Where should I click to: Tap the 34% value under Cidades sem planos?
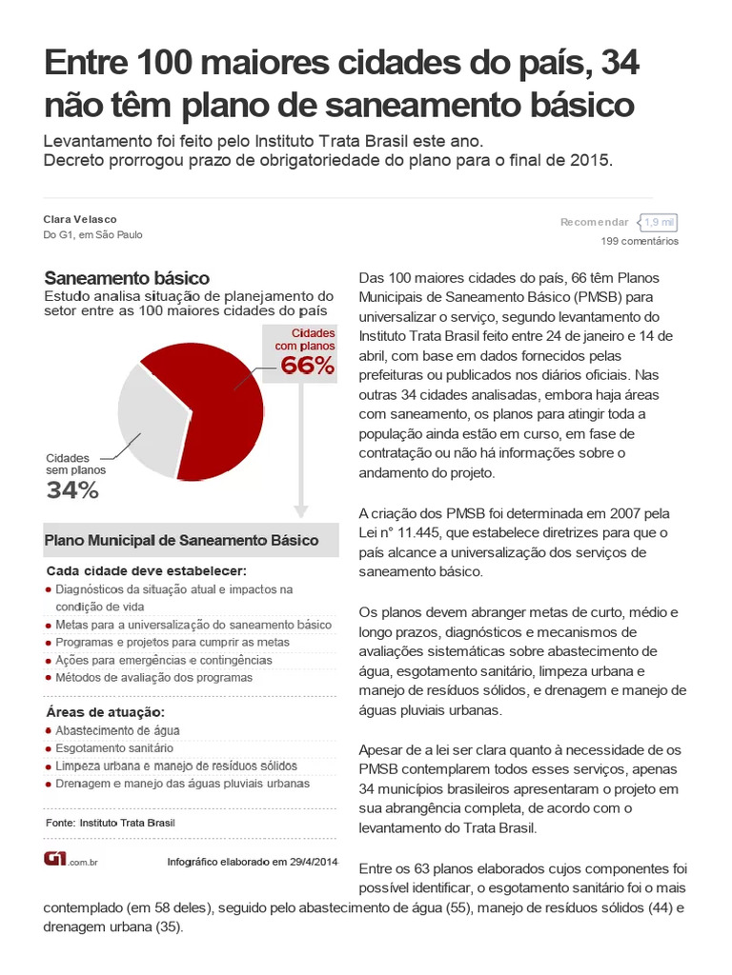pyautogui.click(x=72, y=490)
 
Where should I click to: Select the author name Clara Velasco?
pyautogui.click(x=80, y=219)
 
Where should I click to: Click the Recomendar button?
pyautogui.click(x=594, y=222)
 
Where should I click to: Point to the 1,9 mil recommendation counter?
pyautogui.click(x=659, y=222)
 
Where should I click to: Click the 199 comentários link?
pyautogui.click(x=640, y=241)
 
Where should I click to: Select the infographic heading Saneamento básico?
pyautogui.click(x=127, y=279)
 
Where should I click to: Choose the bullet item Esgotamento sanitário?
pyautogui.click(x=114, y=748)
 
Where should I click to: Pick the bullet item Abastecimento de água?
pyautogui.click(x=117, y=730)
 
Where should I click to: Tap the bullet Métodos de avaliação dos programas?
pyautogui.click(x=153, y=678)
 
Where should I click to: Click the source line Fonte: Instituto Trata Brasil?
pyautogui.click(x=111, y=822)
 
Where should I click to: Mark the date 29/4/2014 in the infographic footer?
pyautogui.click(x=307, y=862)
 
